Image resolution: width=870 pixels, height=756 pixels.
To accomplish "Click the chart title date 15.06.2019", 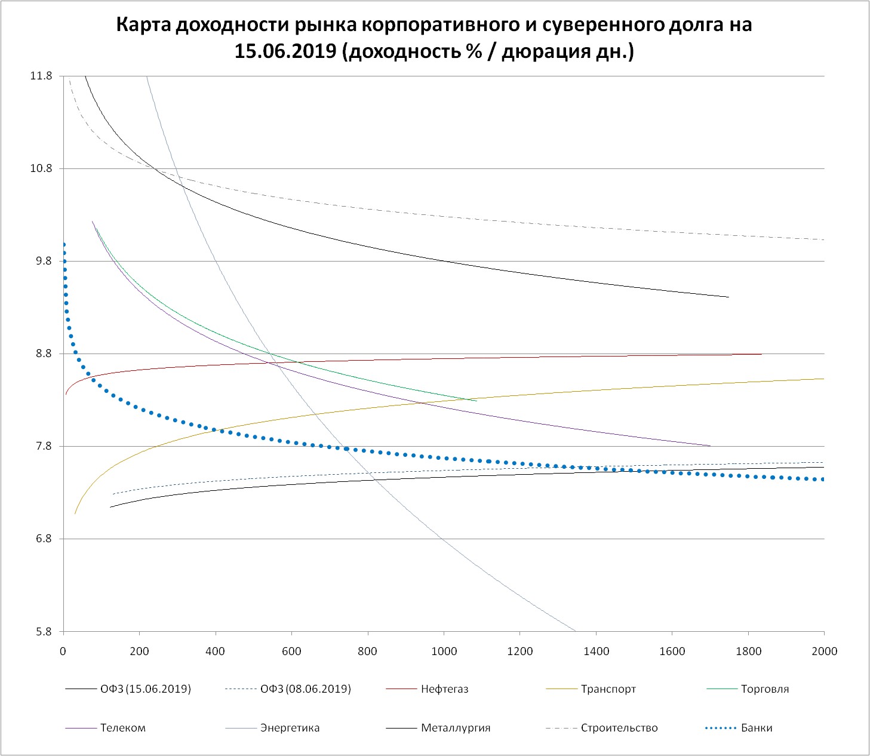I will pos(285,52).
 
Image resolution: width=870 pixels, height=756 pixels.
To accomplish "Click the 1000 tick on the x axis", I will pos(444,651).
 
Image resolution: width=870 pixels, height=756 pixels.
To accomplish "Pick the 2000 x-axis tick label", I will pos(824,651).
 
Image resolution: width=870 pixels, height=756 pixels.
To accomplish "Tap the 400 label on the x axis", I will pos(216,651).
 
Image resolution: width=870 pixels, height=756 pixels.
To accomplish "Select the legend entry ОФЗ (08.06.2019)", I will pos(306,689).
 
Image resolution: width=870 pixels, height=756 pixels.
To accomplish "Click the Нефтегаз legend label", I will pos(444,689).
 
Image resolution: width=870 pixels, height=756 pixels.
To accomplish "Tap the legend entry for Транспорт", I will pos(608,689).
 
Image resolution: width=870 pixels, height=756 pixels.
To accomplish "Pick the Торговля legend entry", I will pos(764,689).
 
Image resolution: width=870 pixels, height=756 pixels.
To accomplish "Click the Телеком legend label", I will pos(123,728).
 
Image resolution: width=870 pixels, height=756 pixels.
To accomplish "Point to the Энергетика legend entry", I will pos(290,728).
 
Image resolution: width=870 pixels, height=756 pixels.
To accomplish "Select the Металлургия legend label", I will pos(456,728).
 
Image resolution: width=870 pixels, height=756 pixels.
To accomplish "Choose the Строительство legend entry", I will pos(619,728).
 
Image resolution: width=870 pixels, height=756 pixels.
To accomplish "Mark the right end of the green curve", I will pos(476,401).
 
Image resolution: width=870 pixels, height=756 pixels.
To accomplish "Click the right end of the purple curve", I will pos(711,446).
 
